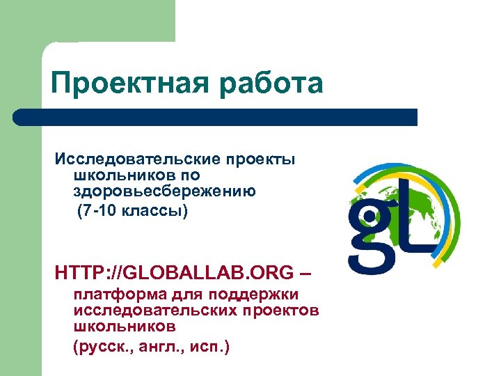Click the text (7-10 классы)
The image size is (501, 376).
(x=132, y=210)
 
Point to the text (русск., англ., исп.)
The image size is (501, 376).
(x=152, y=347)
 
